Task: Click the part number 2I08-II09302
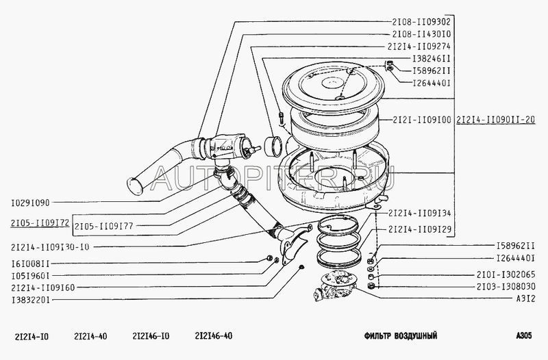click(x=421, y=22)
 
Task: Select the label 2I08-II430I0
click(x=421, y=34)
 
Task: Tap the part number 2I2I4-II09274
click(x=419, y=47)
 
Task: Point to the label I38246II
click(x=432, y=59)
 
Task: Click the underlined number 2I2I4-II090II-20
click(x=495, y=120)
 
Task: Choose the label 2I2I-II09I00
click(x=422, y=120)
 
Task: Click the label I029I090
click(x=30, y=203)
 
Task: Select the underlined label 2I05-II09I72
click(x=40, y=222)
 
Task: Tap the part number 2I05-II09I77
click(x=104, y=227)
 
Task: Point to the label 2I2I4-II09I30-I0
click(x=50, y=247)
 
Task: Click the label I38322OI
click(x=30, y=300)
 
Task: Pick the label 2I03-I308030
click(x=506, y=287)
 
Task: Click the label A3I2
click(x=525, y=299)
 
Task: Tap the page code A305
click(x=523, y=335)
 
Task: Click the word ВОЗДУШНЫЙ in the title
click(x=416, y=336)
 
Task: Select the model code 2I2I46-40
click(x=214, y=336)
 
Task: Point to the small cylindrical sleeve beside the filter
click(x=273, y=146)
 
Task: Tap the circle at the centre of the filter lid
click(x=332, y=82)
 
